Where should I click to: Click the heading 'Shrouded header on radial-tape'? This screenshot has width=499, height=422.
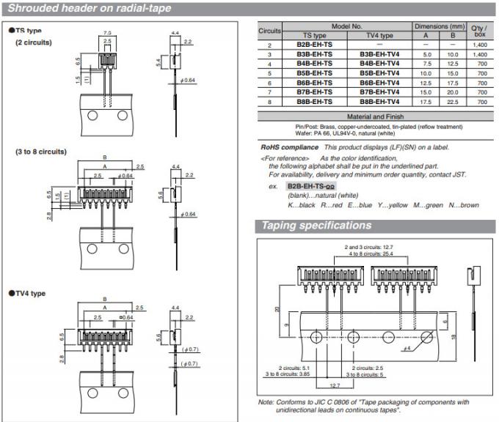[88, 9]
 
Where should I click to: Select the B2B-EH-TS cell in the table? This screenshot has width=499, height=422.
[314, 45]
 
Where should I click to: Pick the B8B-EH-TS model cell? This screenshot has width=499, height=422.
[314, 103]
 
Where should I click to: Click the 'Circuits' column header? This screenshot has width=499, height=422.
[270, 31]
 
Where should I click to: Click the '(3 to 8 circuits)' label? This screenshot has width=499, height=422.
[41, 152]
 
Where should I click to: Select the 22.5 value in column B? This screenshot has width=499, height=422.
[453, 103]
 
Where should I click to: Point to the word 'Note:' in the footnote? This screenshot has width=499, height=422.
[266, 401]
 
